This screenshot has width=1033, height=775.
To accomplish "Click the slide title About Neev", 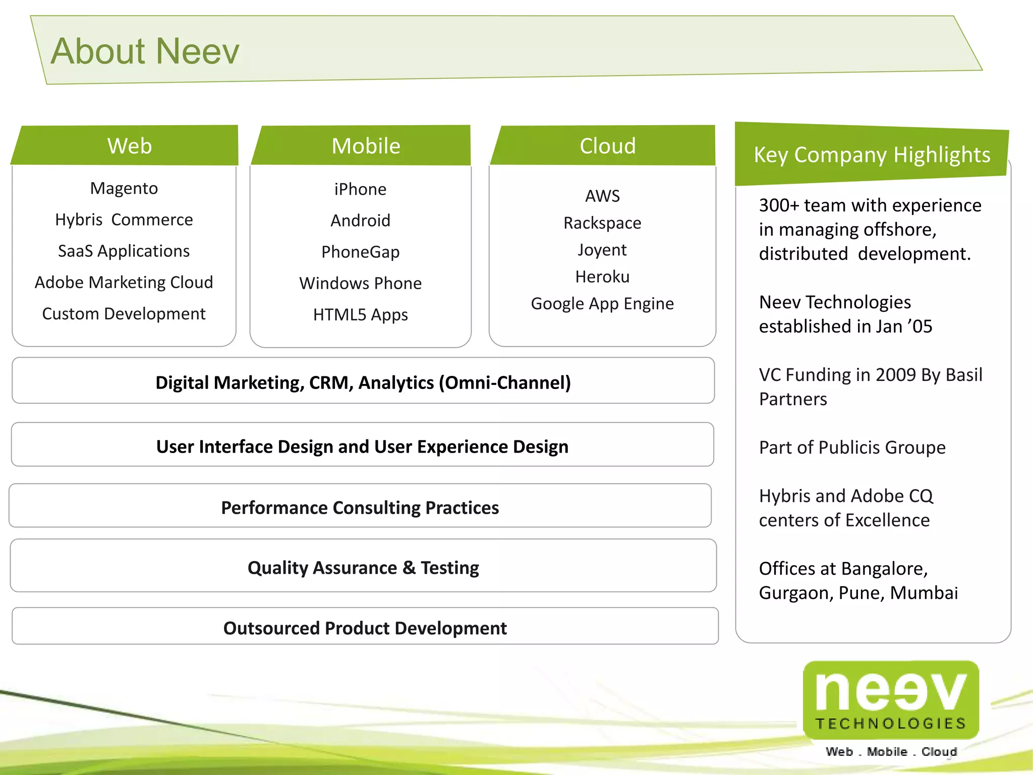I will click(x=145, y=51).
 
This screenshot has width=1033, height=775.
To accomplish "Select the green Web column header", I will click(x=129, y=146).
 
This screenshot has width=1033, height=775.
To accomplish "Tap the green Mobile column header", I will click(x=366, y=146).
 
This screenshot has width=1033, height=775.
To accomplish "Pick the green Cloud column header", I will click(x=607, y=146).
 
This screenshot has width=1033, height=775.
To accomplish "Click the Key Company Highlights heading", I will click(x=872, y=154).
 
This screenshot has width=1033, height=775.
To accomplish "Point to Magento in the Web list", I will click(x=124, y=188).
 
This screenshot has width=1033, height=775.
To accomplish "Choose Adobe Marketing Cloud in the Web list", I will click(x=124, y=282).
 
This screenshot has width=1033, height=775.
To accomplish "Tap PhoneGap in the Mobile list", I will click(x=360, y=252).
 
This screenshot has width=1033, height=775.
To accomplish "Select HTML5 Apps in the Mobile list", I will click(x=360, y=314).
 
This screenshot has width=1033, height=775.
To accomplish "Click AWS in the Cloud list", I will click(x=602, y=196).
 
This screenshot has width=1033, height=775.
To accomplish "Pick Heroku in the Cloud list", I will click(x=602, y=276).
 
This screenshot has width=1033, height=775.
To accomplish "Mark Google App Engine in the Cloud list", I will click(x=602, y=303).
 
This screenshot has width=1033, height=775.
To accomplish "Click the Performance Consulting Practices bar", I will click(x=360, y=507).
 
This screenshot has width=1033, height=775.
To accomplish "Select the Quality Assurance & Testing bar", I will click(x=363, y=568).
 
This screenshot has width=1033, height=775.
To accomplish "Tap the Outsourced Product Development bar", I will click(x=365, y=628).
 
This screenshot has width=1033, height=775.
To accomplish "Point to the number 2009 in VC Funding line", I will click(x=895, y=375).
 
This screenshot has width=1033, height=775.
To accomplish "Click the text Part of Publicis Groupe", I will click(x=852, y=448).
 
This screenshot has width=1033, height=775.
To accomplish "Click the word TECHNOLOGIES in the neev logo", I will click(x=891, y=724).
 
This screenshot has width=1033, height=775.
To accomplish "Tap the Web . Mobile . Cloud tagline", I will click(x=891, y=752).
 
